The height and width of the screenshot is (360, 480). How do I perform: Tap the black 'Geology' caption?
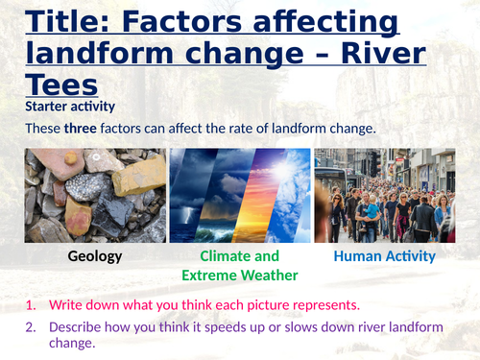(x=94, y=256)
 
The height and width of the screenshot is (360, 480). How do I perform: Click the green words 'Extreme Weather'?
(x=240, y=276)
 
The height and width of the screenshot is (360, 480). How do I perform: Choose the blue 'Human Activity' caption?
(x=384, y=256)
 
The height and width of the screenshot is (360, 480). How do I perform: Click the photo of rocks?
(x=94, y=195)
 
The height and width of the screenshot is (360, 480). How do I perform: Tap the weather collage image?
(x=240, y=195)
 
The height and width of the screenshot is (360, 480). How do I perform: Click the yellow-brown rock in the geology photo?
(x=139, y=176)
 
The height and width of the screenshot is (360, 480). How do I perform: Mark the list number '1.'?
(x=32, y=305)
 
